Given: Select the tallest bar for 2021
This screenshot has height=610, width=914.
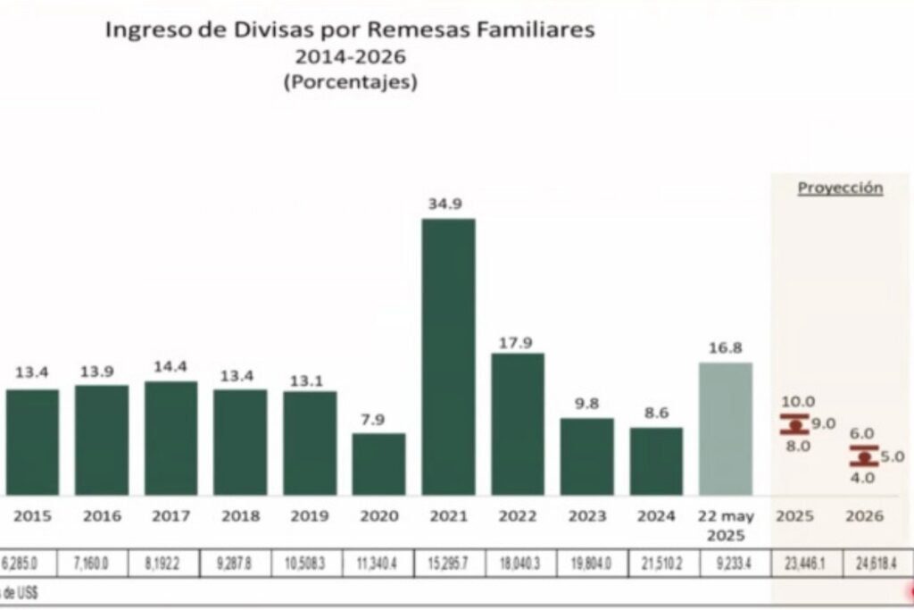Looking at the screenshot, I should click(x=448, y=357).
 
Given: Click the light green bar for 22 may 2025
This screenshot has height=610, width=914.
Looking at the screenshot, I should click(x=725, y=429).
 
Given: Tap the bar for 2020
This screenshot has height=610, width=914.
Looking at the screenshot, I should click(x=378, y=464).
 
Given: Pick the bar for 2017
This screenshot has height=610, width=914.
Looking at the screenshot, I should click(x=170, y=439).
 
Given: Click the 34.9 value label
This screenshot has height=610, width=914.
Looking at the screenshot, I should click(x=448, y=205).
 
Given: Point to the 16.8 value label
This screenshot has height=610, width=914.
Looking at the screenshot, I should click(x=725, y=348).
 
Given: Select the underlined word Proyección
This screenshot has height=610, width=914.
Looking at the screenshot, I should click(x=840, y=188).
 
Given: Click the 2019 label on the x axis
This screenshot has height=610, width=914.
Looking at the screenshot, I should click(x=310, y=516).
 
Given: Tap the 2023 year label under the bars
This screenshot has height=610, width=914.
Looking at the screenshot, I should click(x=586, y=516).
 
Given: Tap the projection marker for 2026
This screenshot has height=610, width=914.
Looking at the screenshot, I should click(x=863, y=456).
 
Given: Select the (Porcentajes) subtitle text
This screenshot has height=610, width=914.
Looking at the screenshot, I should click(x=350, y=82).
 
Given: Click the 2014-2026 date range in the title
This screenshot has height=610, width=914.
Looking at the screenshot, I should click(x=350, y=57).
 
